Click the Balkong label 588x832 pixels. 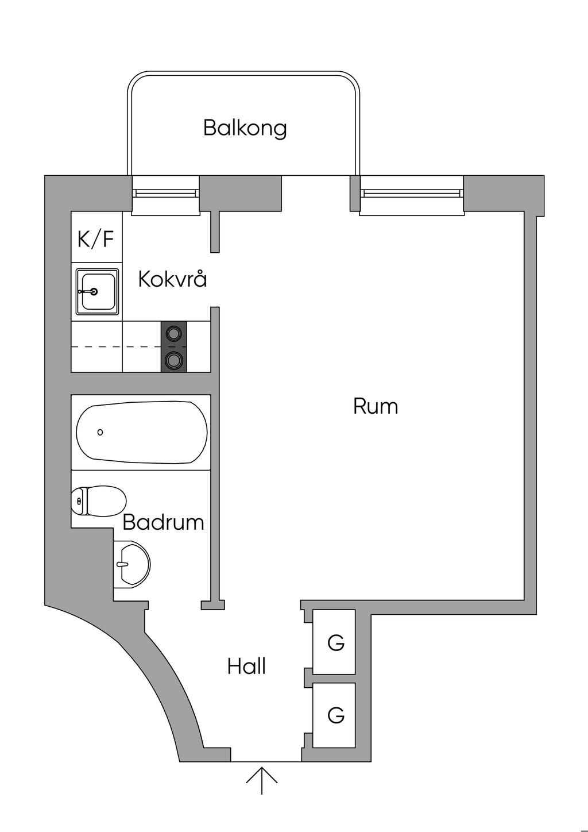245,128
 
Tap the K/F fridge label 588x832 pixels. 95,239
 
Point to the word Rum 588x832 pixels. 376,406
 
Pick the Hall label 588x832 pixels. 246,667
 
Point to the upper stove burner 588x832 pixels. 174,333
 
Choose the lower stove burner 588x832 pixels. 174,360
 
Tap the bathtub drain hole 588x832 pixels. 100,432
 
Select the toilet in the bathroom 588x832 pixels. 98,501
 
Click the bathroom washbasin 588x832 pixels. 131,564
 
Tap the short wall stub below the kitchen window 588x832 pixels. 215,232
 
